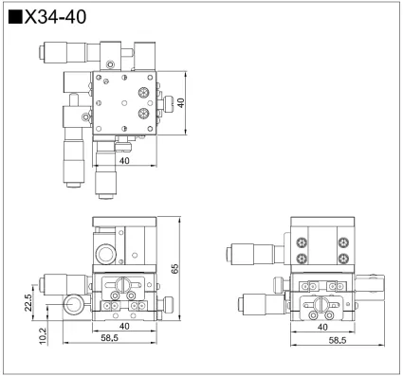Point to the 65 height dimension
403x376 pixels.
175,269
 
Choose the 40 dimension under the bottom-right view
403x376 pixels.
323,327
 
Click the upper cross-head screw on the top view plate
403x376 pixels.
143,92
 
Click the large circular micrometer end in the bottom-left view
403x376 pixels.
72,305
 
